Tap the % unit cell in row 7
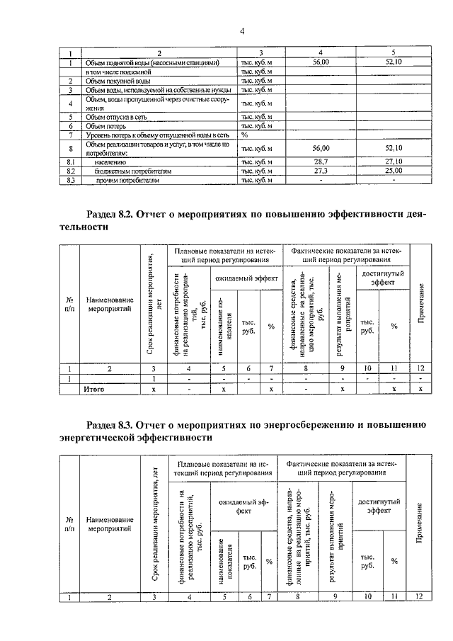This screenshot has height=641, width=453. [x=244, y=135]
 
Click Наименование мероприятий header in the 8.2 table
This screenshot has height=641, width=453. [x=109, y=305]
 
